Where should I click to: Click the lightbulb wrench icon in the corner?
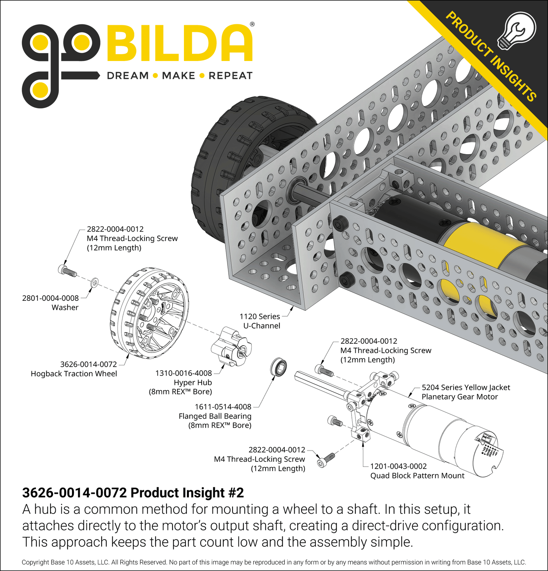point(517,30)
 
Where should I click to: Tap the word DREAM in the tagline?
point(128,76)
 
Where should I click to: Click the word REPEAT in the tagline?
point(230,76)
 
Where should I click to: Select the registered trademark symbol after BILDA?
point(252,24)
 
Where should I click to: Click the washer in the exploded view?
point(95,282)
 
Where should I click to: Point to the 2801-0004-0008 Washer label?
point(50,303)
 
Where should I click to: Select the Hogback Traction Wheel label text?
point(74,374)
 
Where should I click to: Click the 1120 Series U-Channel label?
point(260,321)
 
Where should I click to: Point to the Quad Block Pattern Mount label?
point(417,476)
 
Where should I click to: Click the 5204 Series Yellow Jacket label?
point(466,388)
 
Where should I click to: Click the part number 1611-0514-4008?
point(223,407)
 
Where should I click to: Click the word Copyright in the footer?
point(35,562)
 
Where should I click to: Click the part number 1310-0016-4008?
point(184,373)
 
